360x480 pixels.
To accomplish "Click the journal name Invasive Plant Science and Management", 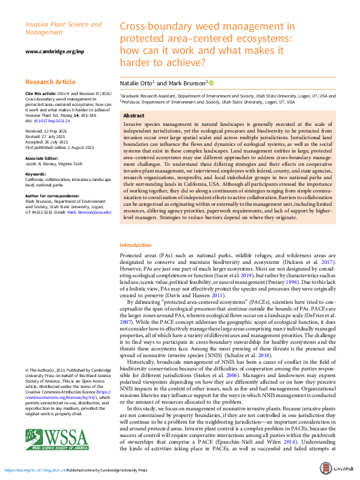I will (64, 28).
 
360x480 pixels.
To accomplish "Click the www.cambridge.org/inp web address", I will (55, 51).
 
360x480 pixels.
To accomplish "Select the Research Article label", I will (50, 81).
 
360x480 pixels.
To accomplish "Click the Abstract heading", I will (134, 115).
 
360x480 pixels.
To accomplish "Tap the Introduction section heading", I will (136, 245).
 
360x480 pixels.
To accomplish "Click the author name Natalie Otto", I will (136, 83).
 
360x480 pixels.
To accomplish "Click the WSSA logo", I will (56, 438).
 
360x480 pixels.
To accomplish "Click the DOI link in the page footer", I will (35, 470).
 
